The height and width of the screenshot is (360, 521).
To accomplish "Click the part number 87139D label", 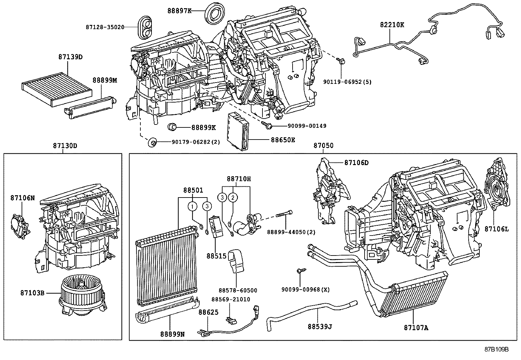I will [70, 57].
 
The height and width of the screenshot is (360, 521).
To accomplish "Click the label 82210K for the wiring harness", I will [392, 25].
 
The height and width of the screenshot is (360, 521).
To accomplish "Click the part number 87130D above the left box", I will [65, 145].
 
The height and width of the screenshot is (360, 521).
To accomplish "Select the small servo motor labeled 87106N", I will [20, 226].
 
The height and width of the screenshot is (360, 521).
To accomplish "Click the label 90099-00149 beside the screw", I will [307, 126].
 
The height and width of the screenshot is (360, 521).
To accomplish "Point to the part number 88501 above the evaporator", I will [193, 190].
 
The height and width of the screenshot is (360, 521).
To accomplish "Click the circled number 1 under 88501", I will [193, 206].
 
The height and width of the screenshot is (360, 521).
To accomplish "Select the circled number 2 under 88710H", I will [233, 198].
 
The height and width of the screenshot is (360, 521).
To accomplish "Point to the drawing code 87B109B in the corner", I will [496, 349].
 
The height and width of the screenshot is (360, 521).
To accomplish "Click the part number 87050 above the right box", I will [324, 145].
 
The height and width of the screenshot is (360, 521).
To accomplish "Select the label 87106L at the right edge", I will [496, 229].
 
